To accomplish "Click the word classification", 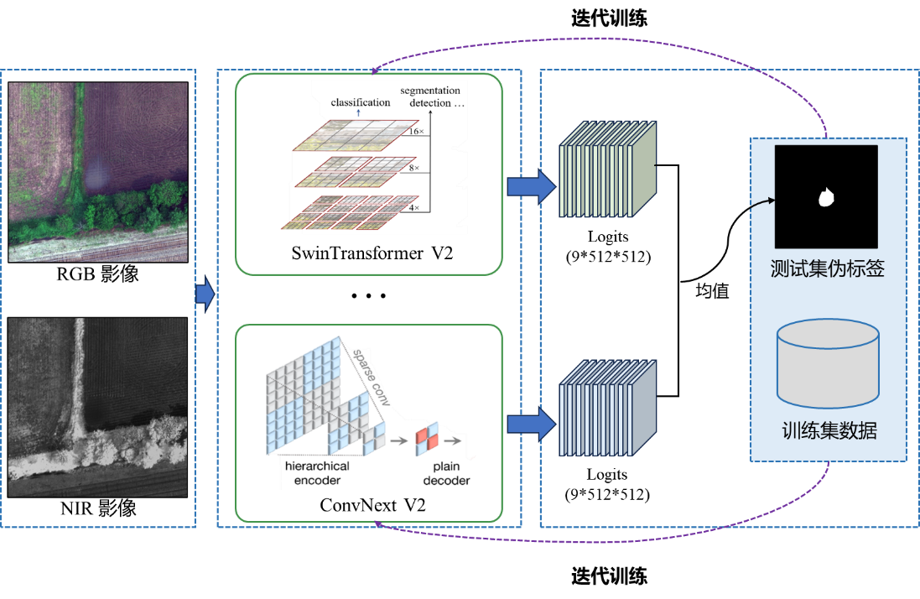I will (361, 102).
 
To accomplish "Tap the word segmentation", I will (430, 91).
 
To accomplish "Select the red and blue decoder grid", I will (428, 438).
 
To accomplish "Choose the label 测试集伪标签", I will (827, 269).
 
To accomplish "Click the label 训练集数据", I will (829, 431).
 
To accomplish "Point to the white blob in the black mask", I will (826, 198).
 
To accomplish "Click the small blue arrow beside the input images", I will (205, 295).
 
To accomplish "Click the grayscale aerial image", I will (98, 407).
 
